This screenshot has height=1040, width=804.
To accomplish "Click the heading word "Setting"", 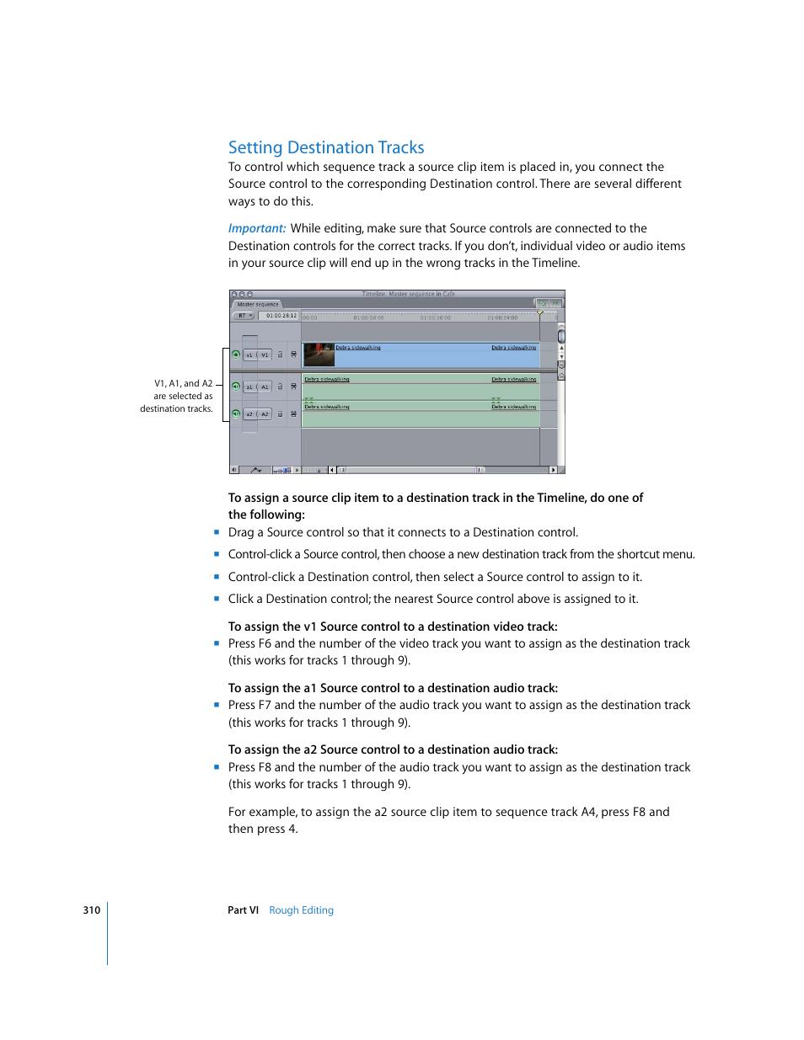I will [255, 148].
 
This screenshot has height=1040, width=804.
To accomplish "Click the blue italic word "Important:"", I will [257, 228].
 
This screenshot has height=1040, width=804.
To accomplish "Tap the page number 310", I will [91, 910].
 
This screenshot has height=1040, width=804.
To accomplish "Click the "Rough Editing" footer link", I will [301, 910].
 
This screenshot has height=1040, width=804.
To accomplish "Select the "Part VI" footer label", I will [243, 910].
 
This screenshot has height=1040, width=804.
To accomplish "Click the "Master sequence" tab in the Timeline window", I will [258, 304].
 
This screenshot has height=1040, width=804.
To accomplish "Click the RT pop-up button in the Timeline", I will [244, 316].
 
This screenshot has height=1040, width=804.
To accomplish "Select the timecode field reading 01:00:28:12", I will [281, 316].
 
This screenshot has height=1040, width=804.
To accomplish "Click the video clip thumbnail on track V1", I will [319, 355].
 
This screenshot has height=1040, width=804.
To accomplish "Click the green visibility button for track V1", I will [236, 355].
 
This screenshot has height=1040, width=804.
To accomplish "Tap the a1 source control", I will [249, 387].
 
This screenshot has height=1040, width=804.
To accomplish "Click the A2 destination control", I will [265, 414].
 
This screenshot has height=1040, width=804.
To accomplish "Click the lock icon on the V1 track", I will [281, 355].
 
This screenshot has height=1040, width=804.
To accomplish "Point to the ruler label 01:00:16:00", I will [436, 318].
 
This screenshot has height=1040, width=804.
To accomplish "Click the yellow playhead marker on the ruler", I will [540, 312].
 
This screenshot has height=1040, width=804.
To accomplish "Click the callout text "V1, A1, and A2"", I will [183, 384].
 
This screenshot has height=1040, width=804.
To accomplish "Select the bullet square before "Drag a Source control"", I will [217, 532].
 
